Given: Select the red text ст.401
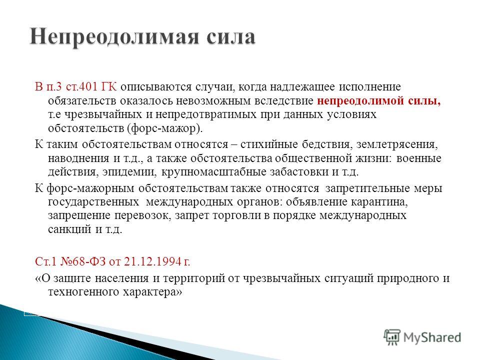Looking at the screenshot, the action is click(x=82, y=86).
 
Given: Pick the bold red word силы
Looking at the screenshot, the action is click(x=424, y=101).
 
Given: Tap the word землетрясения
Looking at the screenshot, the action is click(x=397, y=144).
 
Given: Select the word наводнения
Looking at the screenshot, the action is click(x=78, y=158).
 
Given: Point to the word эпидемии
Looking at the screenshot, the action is click(x=129, y=172).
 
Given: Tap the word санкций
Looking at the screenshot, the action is click(x=70, y=229).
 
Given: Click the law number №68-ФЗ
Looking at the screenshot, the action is click(x=83, y=261).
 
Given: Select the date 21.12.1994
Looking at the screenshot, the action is click(x=153, y=261).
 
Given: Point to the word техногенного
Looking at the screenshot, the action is click(x=83, y=292).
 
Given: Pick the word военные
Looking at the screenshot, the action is click(x=419, y=158).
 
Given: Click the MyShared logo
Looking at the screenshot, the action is click(x=422, y=337).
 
